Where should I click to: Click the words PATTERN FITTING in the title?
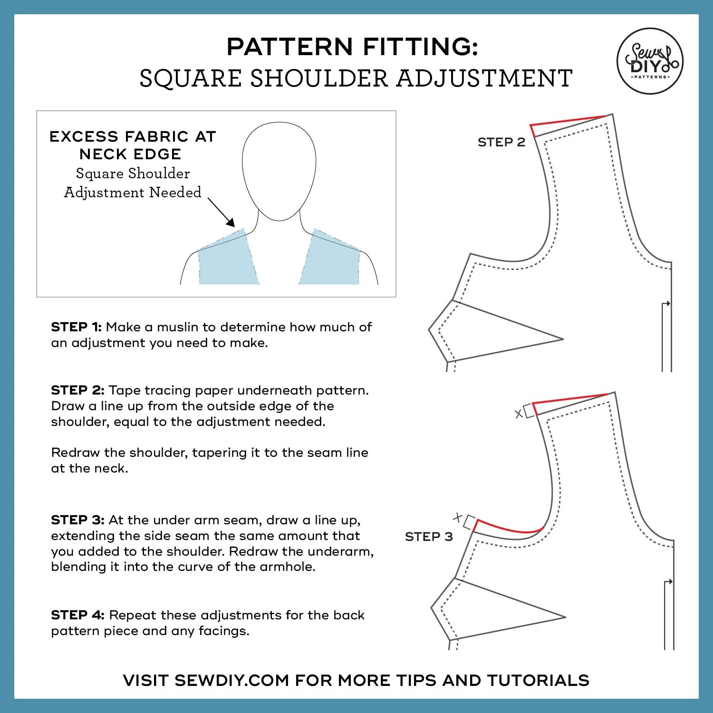pos(352,47)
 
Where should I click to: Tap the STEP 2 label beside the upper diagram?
pos(501,142)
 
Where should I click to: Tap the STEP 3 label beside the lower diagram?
pos(429,537)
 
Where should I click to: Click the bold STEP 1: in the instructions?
pos(76,327)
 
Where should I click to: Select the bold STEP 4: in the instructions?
pos(77,615)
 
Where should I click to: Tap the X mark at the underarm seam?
pos(458,517)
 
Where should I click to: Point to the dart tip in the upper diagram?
pos(562,339)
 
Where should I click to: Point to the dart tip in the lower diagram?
pos(565,617)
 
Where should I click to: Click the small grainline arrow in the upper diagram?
pos(667,303)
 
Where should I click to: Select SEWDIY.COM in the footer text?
pos(231,680)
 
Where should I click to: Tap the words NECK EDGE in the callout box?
pos(130,154)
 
